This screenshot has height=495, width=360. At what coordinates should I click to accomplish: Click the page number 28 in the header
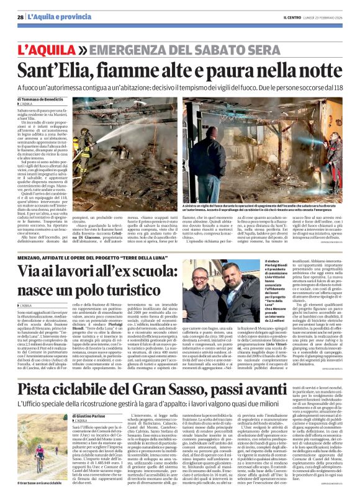pyautogui.click(x=20, y=16)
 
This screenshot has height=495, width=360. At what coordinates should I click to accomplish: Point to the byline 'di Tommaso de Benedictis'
pyautogui.click(x=40, y=99)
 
